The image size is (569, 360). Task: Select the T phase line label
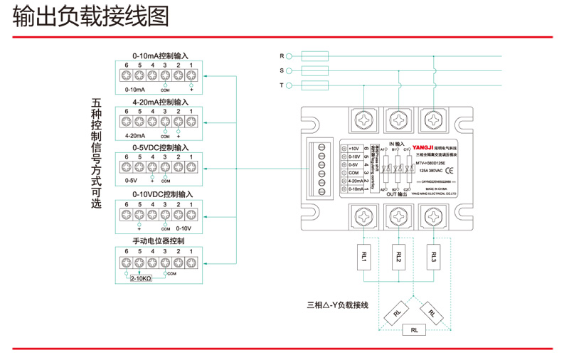(x=282, y=85)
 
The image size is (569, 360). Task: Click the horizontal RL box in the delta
(x=413, y=330)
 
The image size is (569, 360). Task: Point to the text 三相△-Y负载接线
(x=337, y=305)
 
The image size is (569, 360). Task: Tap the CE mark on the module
(x=450, y=170)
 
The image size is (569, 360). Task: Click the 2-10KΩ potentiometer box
(x=140, y=280)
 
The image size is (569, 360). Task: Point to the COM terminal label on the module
(x=353, y=173)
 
